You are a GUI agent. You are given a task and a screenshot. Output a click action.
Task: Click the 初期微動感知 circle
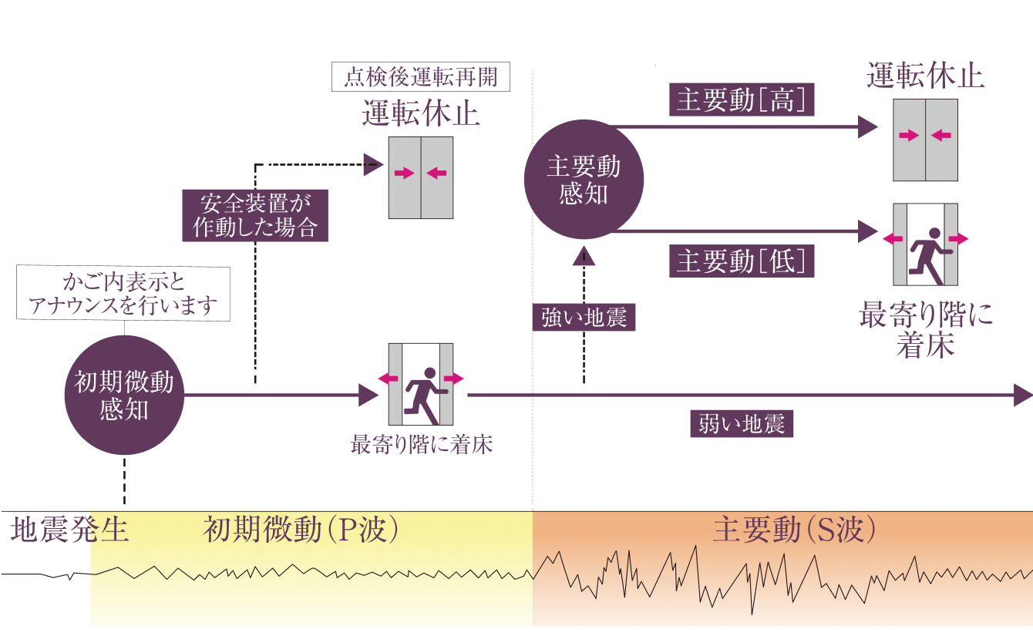(123, 395)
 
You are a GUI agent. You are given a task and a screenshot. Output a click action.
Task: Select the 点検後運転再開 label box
(420, 78)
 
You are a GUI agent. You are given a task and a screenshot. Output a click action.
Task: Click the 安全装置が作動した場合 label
(254, 215)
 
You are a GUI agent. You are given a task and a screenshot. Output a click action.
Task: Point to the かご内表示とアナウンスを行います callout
(123, 294)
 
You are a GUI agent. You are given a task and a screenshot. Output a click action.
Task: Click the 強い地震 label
(584, 317)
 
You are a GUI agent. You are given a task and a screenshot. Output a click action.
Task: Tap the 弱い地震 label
(742, 424)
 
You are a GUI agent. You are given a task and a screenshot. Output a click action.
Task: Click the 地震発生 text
(69, 531)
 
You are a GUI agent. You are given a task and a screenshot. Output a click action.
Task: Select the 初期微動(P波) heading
(301, 531)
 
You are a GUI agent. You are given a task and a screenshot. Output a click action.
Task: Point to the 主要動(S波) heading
(795, 531)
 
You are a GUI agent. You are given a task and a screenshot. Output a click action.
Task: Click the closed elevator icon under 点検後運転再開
(420, 178)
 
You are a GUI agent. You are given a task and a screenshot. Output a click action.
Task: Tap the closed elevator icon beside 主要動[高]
(925, 140)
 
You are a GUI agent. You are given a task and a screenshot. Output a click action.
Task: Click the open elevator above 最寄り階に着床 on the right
(925, 244)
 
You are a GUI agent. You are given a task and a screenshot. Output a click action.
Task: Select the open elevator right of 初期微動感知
(420, 384)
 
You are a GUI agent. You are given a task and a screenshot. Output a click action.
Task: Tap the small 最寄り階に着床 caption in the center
(422, 445)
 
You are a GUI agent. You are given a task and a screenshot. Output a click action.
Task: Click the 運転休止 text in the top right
(925, 77)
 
